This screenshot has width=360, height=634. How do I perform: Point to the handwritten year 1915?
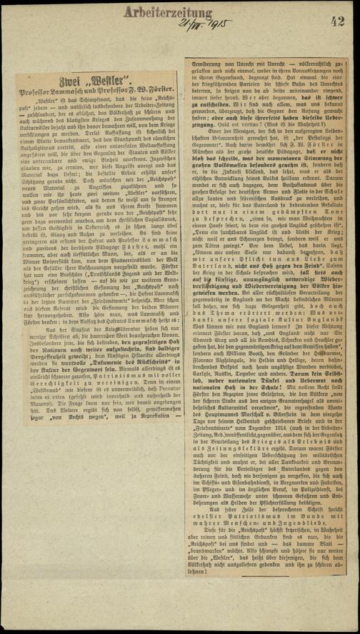pos(206,24)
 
